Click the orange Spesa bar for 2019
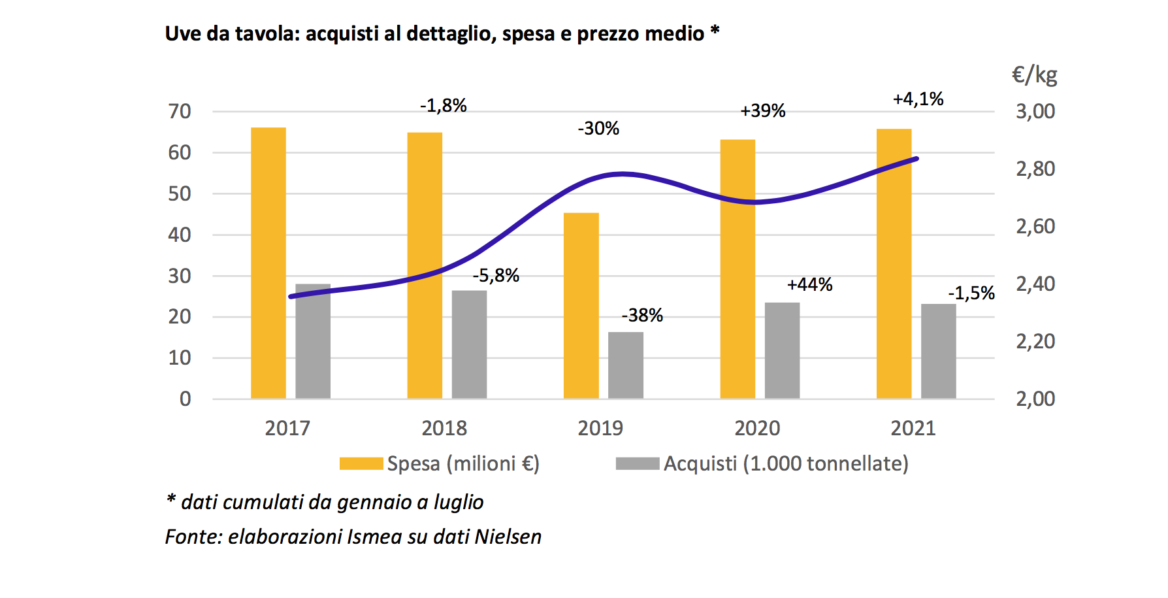pyautogui.click(x=581, y=305)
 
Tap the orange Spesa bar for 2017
pyautogui.click(x=268, y=263)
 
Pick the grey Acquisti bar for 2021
pyautogui.click(x=938, y=351)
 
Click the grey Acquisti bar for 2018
pyautogui.click(x=469, y=344)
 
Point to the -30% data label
pyautogui.click(x=598, y=128)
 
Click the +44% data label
pyautogui.click(x=809, y=284)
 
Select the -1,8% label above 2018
pyautogui.click(x=443, y=105)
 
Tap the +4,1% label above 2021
pyautogui.click(x=918, y=99)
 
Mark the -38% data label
pyautogui.click(x=641, y=315)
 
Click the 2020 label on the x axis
pyautogui.click(x=757, y=428)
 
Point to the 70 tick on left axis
pyautogui.click(x=180, y=112)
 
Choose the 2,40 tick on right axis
pyautogui.click(x=1035, y=284)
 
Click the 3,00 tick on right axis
pyautogui.click(x=1035, y=111)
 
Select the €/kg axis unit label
pyautogui.click(x=1034, y=75)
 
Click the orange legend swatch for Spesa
pyautogui.click(x=361, y=463)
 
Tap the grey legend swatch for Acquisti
pyautogui.click(x=637, y=463)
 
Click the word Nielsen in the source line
pyautogui.click(x=508, y=537)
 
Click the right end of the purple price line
pyautogui.click(x=917, y=159)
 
